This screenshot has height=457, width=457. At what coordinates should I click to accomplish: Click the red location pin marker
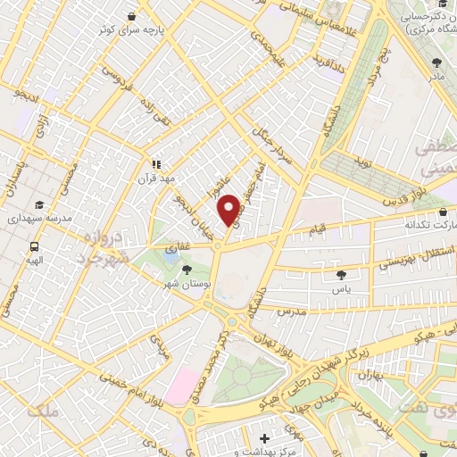(230, 211)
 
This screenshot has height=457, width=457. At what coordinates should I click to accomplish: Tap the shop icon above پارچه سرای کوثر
(132, 16)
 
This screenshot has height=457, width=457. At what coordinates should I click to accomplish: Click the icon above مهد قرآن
(156, 164)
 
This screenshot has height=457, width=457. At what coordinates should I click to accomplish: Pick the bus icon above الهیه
(34, 246)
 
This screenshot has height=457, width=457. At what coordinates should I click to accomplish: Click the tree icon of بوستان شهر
(186, 268)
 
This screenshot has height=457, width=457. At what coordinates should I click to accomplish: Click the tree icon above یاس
(343, 276)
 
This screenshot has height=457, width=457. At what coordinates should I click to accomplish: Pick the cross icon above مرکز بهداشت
(264, 438)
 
